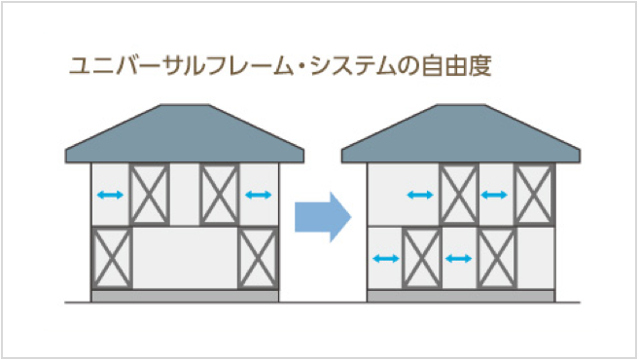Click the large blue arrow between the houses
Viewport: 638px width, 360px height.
(323, 217)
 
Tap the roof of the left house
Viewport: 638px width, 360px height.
(185, 134)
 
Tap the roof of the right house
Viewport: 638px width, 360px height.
(461, 134)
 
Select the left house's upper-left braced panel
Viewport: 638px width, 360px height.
(150, 195)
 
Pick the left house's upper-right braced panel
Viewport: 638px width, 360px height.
(220, 195)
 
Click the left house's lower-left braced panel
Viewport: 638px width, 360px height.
(112, 258)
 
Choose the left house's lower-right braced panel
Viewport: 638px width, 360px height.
(258, 258)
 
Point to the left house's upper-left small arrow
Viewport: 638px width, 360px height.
(110, 195)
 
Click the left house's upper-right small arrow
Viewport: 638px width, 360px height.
(259, 195)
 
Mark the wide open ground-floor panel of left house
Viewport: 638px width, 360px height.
(185, 258)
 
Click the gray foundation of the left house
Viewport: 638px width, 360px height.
(185, 296)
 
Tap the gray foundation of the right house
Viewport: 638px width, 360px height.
(461, 296)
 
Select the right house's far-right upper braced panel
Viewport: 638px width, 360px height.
(534, 195)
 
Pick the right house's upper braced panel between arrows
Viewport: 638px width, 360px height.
(459, 195)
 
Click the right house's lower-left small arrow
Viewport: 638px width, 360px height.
(386, 258)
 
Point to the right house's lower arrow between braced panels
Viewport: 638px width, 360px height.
(459, 258)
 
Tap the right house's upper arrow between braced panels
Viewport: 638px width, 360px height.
(494, 195)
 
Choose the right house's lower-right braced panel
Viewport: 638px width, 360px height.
(497, 258)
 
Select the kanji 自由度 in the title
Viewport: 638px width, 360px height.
(456, 66)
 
